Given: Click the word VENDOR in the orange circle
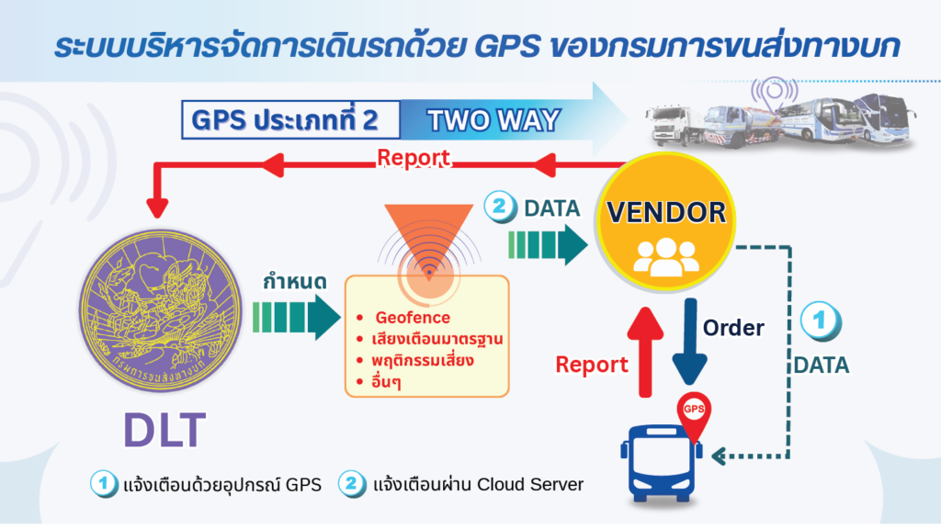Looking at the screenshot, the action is click(x=666, y=212).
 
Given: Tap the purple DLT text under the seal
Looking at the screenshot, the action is click(x=164, y=430).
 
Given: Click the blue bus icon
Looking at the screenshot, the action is click(x=662, y=463).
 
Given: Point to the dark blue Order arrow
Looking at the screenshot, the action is click(x=689, y=341).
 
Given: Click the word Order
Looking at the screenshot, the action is click(x=733, y=328).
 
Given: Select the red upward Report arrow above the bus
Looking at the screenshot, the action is click(x=645, y=352).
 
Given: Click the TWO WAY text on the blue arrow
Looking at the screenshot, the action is click(x=493, y=120).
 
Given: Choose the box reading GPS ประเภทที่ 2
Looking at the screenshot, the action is click(x=291, y=120).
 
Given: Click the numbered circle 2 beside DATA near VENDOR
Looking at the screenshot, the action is click(x=500, y=207).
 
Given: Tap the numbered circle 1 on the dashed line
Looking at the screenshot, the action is click(x=821, y=321).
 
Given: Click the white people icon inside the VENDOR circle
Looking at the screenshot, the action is click(x=666, y=257).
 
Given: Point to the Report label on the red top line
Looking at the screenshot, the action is click(x=413, y=158).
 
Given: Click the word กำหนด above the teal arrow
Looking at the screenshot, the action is click(x=295, y=282).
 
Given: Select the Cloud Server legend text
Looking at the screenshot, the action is click(x=530, y=484).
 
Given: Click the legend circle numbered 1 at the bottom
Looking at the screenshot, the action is click(x=104, y=483).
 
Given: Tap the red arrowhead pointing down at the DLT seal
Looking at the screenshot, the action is click(x=157, y=208).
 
